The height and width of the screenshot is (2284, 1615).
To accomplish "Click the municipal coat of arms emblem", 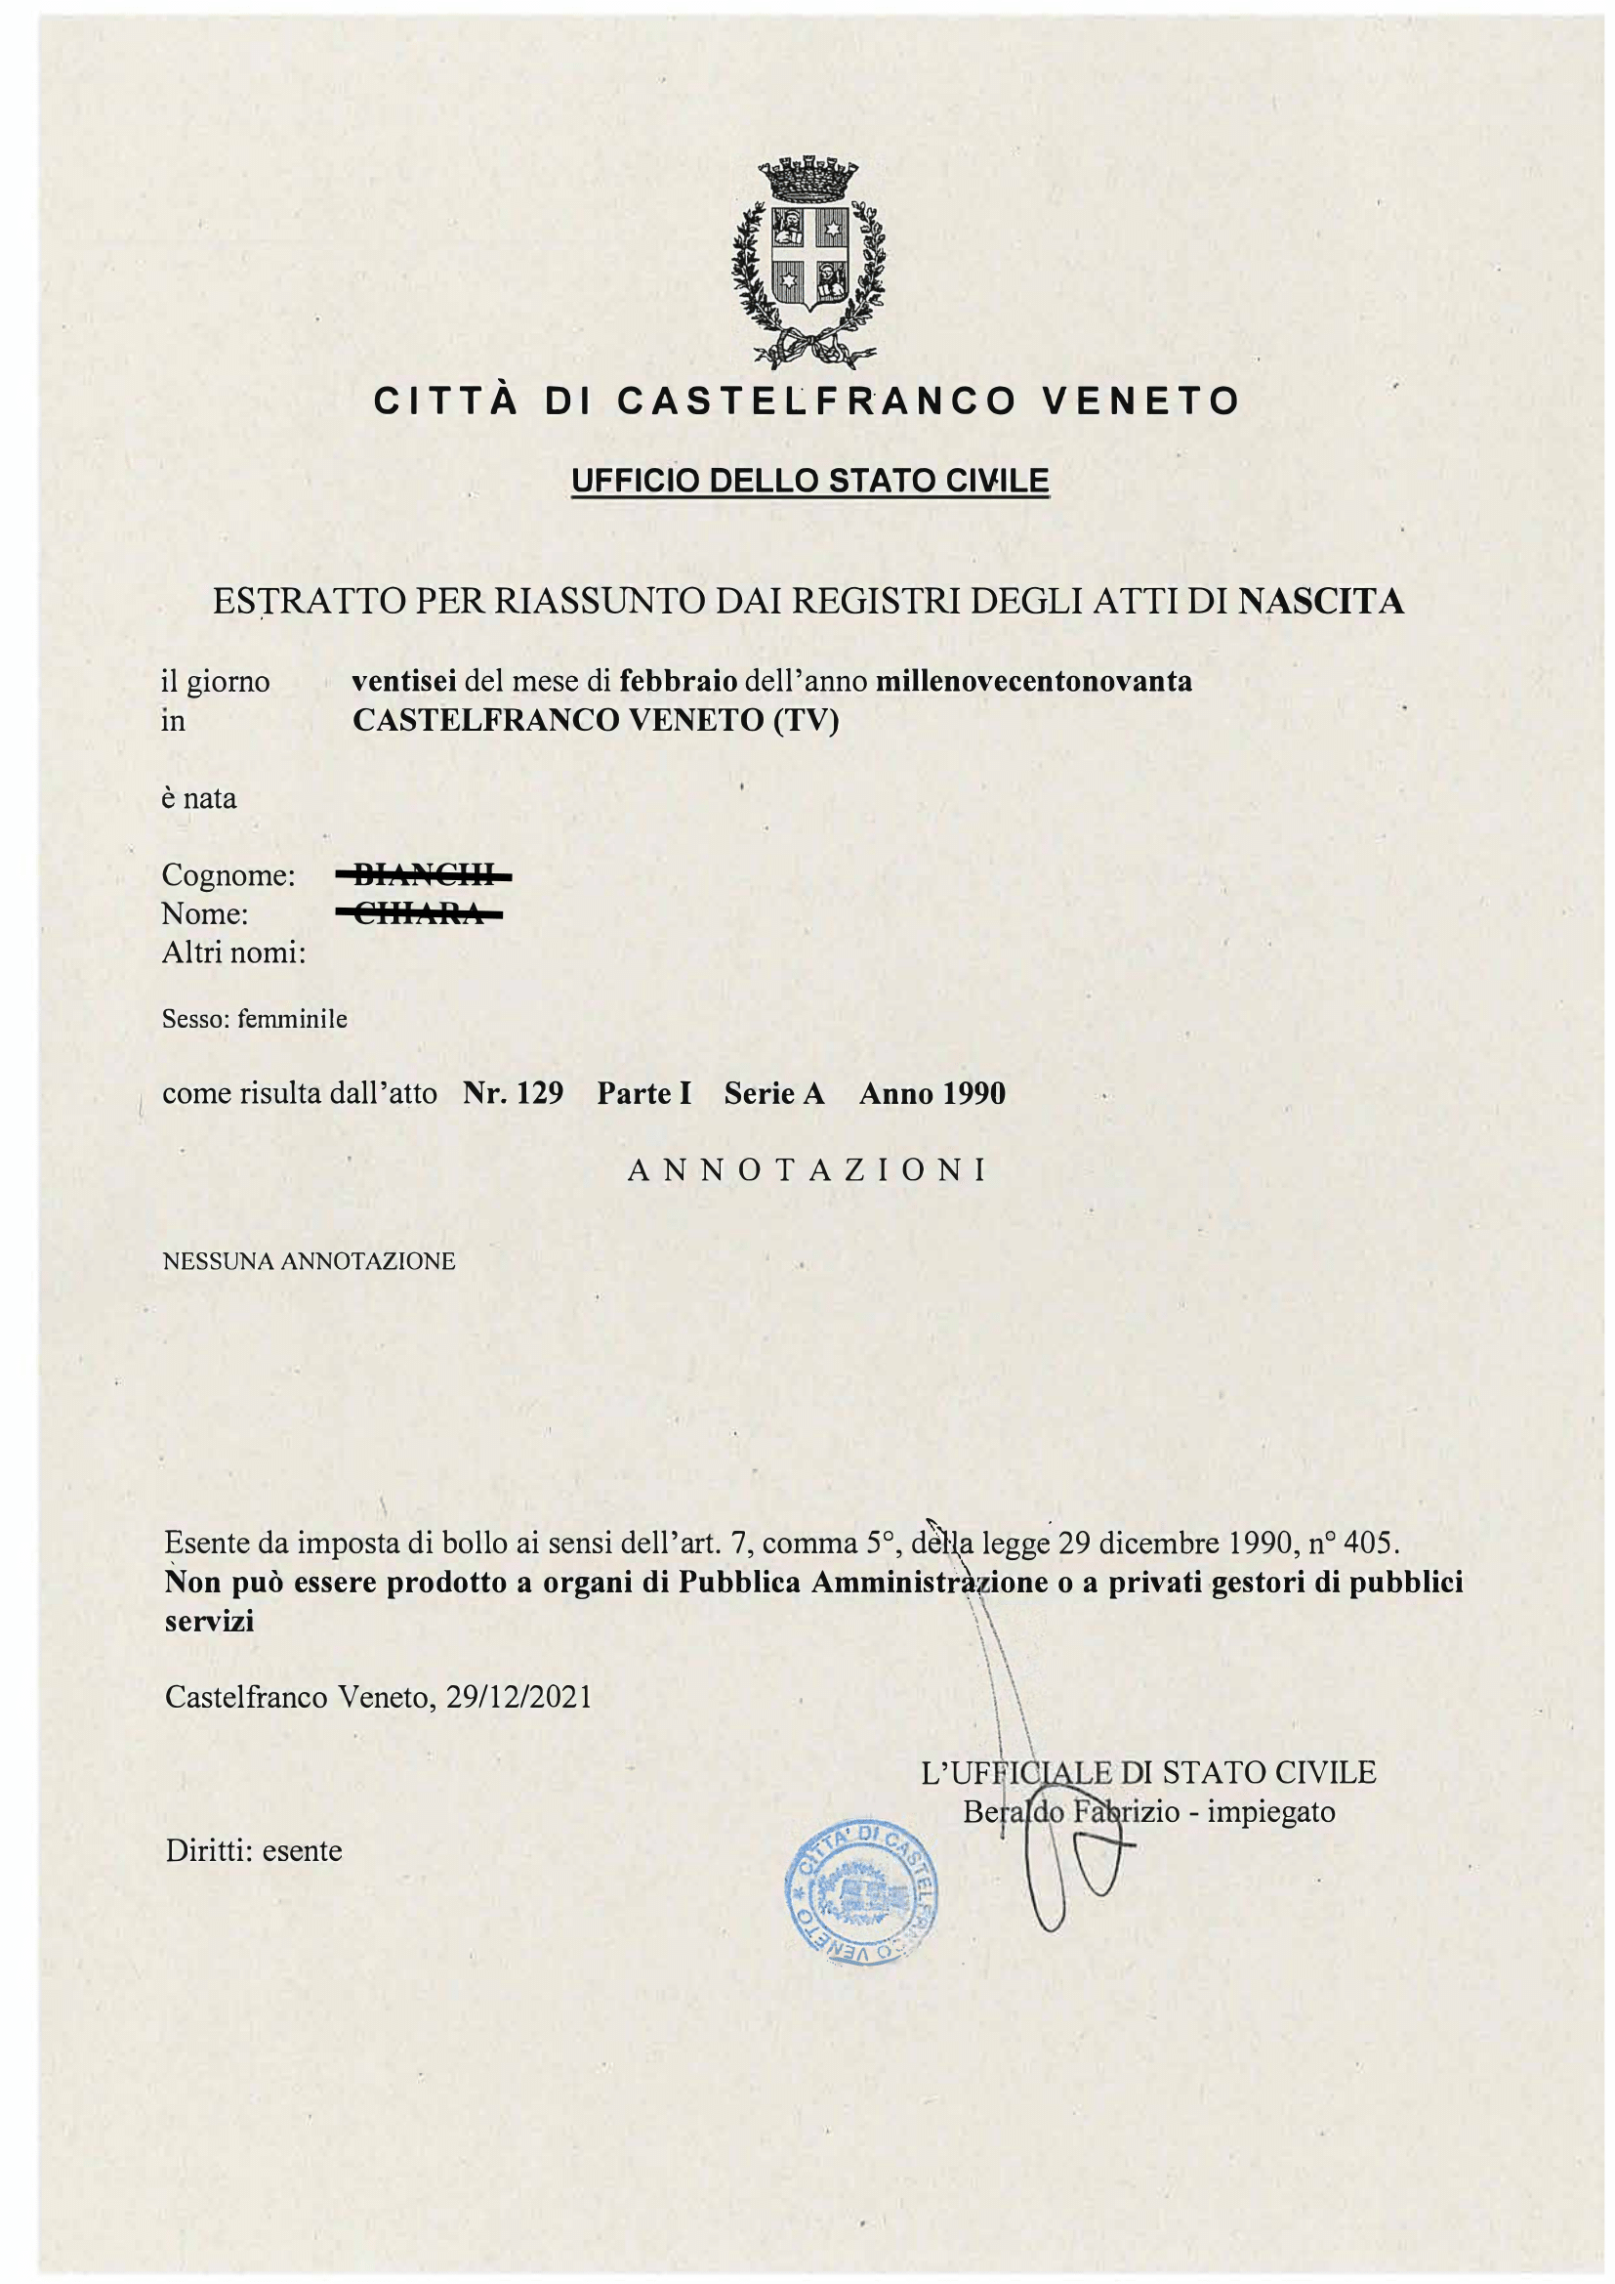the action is (x=807, y=261).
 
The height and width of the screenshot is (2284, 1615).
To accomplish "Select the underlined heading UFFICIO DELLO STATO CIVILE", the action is (x=809, y=481).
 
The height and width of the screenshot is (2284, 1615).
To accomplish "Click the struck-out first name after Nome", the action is (x=420, y=914).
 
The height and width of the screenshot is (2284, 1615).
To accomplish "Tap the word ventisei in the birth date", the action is (x=404, y=682).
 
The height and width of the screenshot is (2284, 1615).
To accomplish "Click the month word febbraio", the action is (x=678, y=682).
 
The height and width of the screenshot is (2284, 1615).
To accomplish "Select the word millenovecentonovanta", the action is (x=1033, y=682).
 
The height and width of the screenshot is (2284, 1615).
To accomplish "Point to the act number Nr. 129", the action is (x=514, y=1093).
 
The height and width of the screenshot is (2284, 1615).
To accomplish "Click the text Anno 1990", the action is (x=932, y=1093).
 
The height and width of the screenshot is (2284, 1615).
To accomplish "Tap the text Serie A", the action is (x=773, y=1093).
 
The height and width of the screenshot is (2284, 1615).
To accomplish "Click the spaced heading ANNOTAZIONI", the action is (x=807, y=1170).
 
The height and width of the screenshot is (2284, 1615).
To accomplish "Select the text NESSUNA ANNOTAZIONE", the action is (x=309, y=1261).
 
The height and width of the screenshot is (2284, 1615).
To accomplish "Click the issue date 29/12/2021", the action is (x=519, y=1696).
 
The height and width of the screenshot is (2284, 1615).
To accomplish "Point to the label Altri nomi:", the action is (x=232, y=953).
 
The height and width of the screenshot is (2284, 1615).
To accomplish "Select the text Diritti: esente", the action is (x=254, y=1850).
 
